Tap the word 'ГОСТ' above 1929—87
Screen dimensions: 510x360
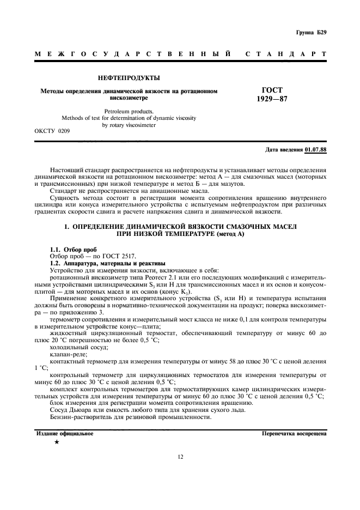[272, 90]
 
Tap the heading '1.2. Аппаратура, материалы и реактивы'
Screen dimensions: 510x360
[101, 263]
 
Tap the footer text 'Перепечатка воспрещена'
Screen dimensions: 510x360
[294, 434]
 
